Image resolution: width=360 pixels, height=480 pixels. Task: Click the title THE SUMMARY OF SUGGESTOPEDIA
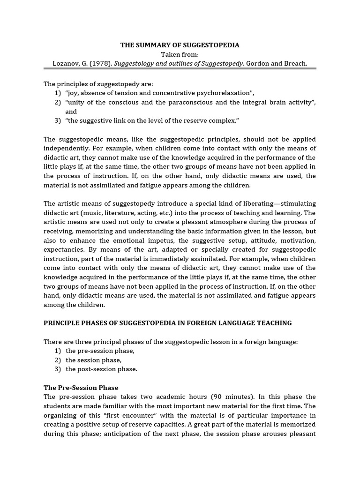(x=180, y=45)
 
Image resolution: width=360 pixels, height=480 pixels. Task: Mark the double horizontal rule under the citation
(x=180, y=69)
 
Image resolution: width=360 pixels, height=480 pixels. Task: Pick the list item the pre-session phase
(x=100, y=351)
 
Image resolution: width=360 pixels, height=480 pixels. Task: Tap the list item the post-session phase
(x=101, y=369)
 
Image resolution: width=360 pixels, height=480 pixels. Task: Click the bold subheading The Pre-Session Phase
(x=81, y=388)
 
